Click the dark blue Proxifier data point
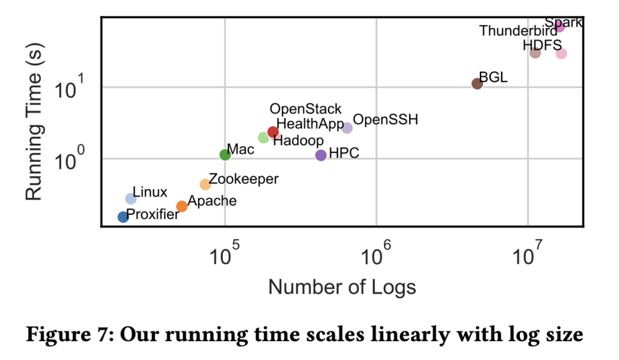tap(123, 217)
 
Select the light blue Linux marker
tap(131, 198)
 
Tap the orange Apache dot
tap(182, 206)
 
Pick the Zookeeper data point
tap(205, 184)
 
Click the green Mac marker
tap(225, 154)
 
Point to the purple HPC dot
tap(321, 155)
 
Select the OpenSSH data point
tap(347, 128)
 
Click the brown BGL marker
tap(477, 84)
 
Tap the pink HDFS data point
tap(561, 53)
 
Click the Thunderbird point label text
tap(518, 31)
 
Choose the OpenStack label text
tap(305, 109)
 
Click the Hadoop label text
tap(298, 140)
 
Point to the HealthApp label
tap(310, 124)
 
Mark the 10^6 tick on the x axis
tap(375, 257)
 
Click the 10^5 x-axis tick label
tap(224, 257)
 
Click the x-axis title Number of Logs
tap(342, 287)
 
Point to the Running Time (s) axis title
tap(35, 123)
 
